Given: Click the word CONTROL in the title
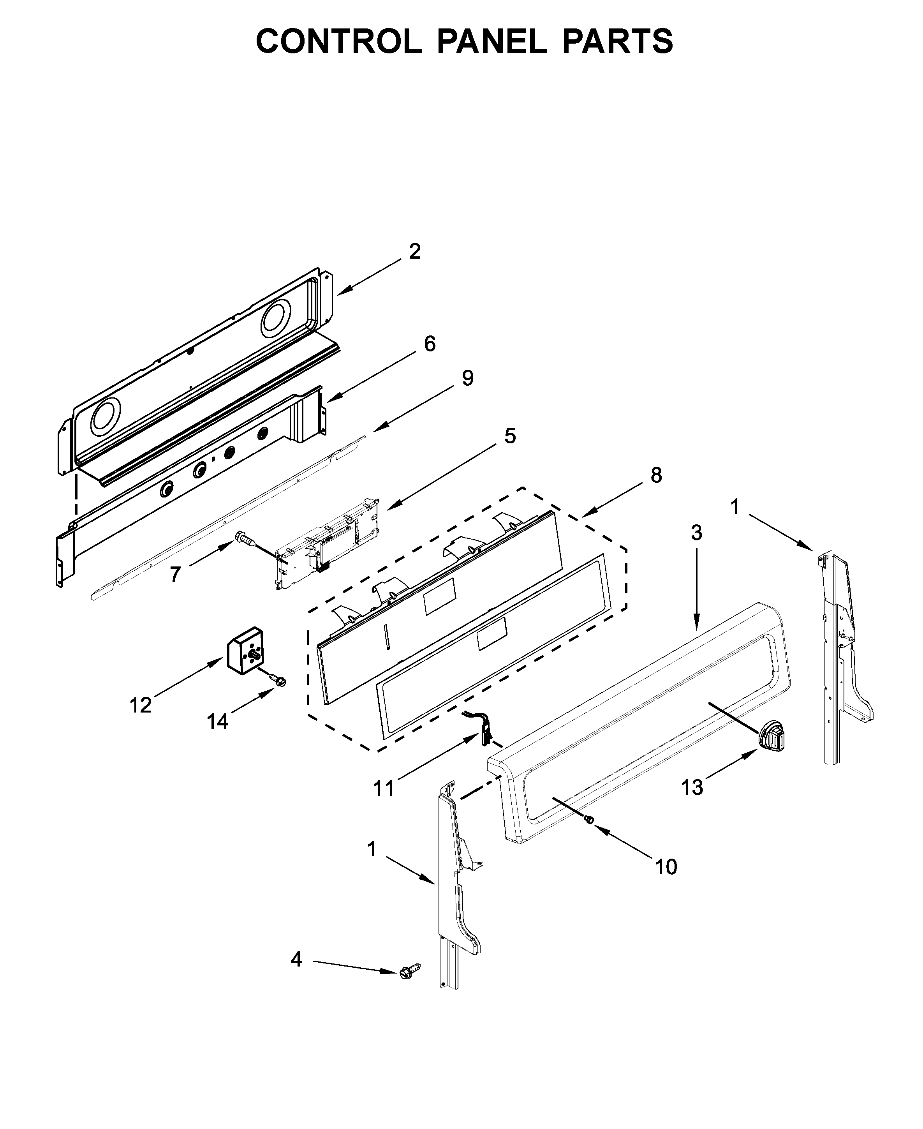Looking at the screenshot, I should tap(339, 41).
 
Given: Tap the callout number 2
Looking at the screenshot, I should tap(415, 252).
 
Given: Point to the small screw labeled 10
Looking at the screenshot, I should tap(588, 820).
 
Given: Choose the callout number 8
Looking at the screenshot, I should tap(656, 475).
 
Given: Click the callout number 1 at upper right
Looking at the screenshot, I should tap(735, 507).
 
